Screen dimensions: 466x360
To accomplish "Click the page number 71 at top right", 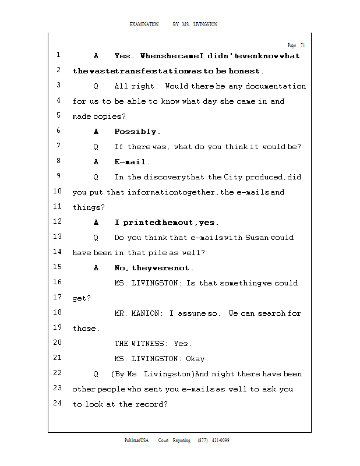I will tap(302, 45).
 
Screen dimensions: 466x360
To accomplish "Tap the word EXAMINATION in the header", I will tap(144, 24).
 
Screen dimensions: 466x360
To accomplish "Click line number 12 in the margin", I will tap(57, 222).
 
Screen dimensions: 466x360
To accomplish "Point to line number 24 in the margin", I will tap(57, 404).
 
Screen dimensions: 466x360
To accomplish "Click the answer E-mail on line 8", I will tap(132, 162).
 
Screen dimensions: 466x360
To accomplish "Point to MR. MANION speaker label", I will tap(139, 313).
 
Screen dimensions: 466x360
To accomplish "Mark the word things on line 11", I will tap(87, 207).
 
